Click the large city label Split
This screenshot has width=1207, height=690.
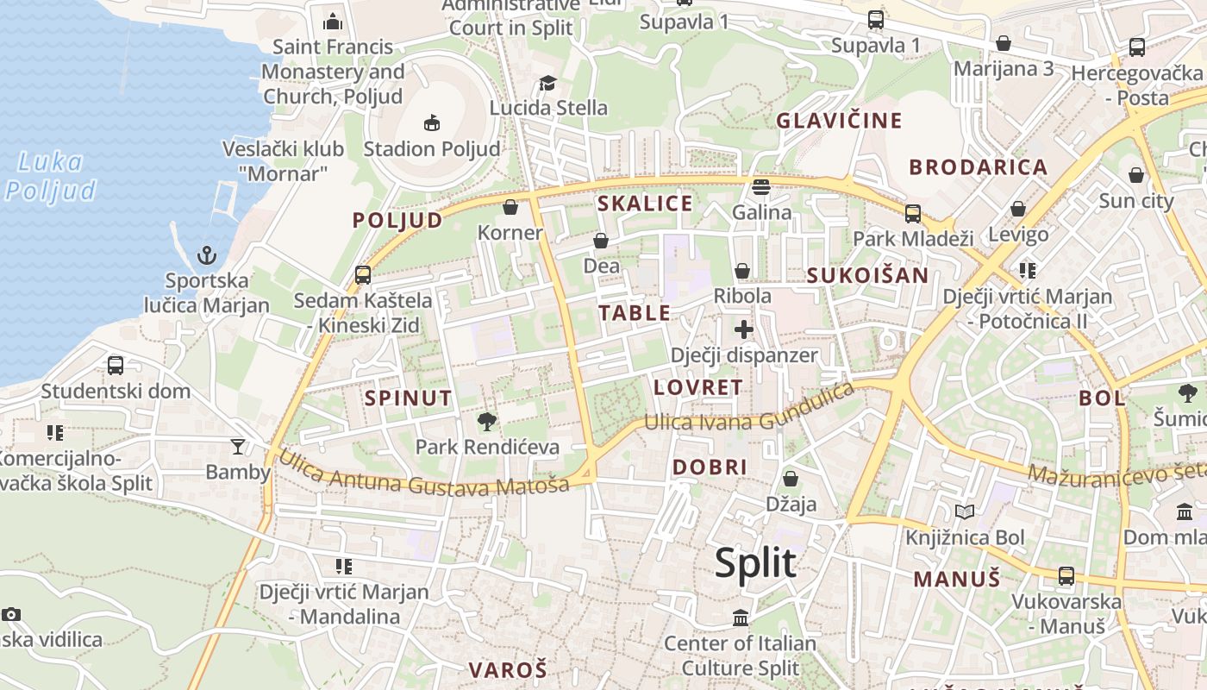click(x=755, y=563)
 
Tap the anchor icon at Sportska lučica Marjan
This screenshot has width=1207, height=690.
click(x=206, y=255)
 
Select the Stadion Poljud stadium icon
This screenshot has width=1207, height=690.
click(x=432, y=123)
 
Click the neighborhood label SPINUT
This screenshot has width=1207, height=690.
click(x=408, y=398)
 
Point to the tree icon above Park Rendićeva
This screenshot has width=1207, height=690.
click(x=487, y=422)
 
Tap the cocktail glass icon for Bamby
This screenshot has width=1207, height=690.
click(x=237, y=446)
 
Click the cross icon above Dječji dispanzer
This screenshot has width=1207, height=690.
click(x=744, y=329)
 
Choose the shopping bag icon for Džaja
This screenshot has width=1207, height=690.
click(x=791, y=479)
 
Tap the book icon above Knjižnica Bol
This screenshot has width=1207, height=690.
click(x=964, y=512)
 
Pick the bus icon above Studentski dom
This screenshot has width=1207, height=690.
click(x=116, y=366)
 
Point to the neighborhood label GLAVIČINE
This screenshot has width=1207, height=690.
click(x=839, y=121)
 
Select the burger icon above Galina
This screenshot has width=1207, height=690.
click(x=761, y=186)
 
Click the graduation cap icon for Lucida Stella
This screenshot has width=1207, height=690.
click(x=547, y=83)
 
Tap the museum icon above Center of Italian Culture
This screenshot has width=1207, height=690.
click(x=740, y=618)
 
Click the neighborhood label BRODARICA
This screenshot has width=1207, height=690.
click(x=978, y=167)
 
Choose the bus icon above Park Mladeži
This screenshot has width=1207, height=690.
click(x=912, y=213)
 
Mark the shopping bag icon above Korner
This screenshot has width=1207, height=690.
click(x=510, y=207)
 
